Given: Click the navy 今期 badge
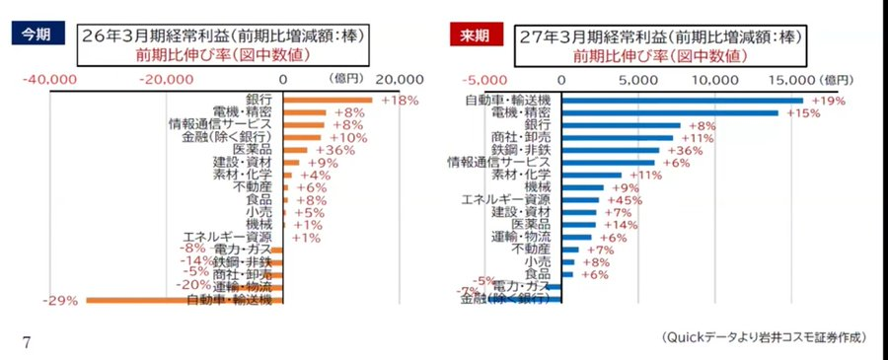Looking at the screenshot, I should [x=37, y=35].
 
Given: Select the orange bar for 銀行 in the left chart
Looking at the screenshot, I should [x=328, y=100].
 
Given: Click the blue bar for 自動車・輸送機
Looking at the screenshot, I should [x=683, y=100].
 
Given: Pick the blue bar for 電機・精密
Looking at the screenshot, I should [x=670, y=112].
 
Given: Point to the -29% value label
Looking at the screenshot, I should [x=61, y=300].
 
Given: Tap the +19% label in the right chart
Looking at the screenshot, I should [x=829, y=101].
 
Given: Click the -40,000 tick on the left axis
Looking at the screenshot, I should [x=49, y=79].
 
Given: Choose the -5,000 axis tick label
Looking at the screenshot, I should [x=481, y=79].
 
